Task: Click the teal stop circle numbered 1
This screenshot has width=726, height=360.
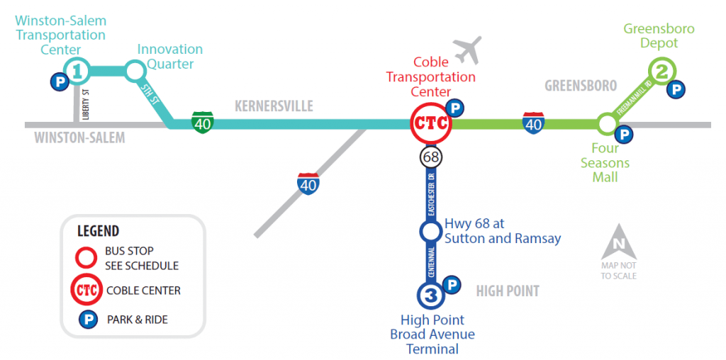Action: [77, 70]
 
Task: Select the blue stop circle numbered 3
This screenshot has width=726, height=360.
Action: [430, 293]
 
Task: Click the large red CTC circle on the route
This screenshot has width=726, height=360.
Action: [431, 124]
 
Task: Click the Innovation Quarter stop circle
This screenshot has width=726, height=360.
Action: [134, 70]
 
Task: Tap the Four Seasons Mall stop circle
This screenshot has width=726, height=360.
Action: [606, 124]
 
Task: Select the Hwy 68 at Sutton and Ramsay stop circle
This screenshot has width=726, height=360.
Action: [430, 231]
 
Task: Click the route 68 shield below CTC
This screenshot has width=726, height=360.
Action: [431, 156]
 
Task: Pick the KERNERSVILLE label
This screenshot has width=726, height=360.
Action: [274, 106]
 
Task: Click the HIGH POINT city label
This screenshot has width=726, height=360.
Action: [508, 291]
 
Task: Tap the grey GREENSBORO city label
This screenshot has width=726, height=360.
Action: [581, 86]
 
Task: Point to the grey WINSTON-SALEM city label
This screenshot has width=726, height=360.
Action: [79, 137]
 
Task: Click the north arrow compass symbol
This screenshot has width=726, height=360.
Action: [619, 242]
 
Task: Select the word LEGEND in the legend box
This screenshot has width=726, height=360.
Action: [98, 231]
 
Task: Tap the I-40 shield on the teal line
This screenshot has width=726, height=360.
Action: [202, 123]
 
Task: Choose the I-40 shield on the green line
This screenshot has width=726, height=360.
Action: [533, 123]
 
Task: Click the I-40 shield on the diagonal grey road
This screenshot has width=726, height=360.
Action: [308, 183]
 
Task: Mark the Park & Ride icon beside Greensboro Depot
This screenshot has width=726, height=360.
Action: [678, 89]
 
